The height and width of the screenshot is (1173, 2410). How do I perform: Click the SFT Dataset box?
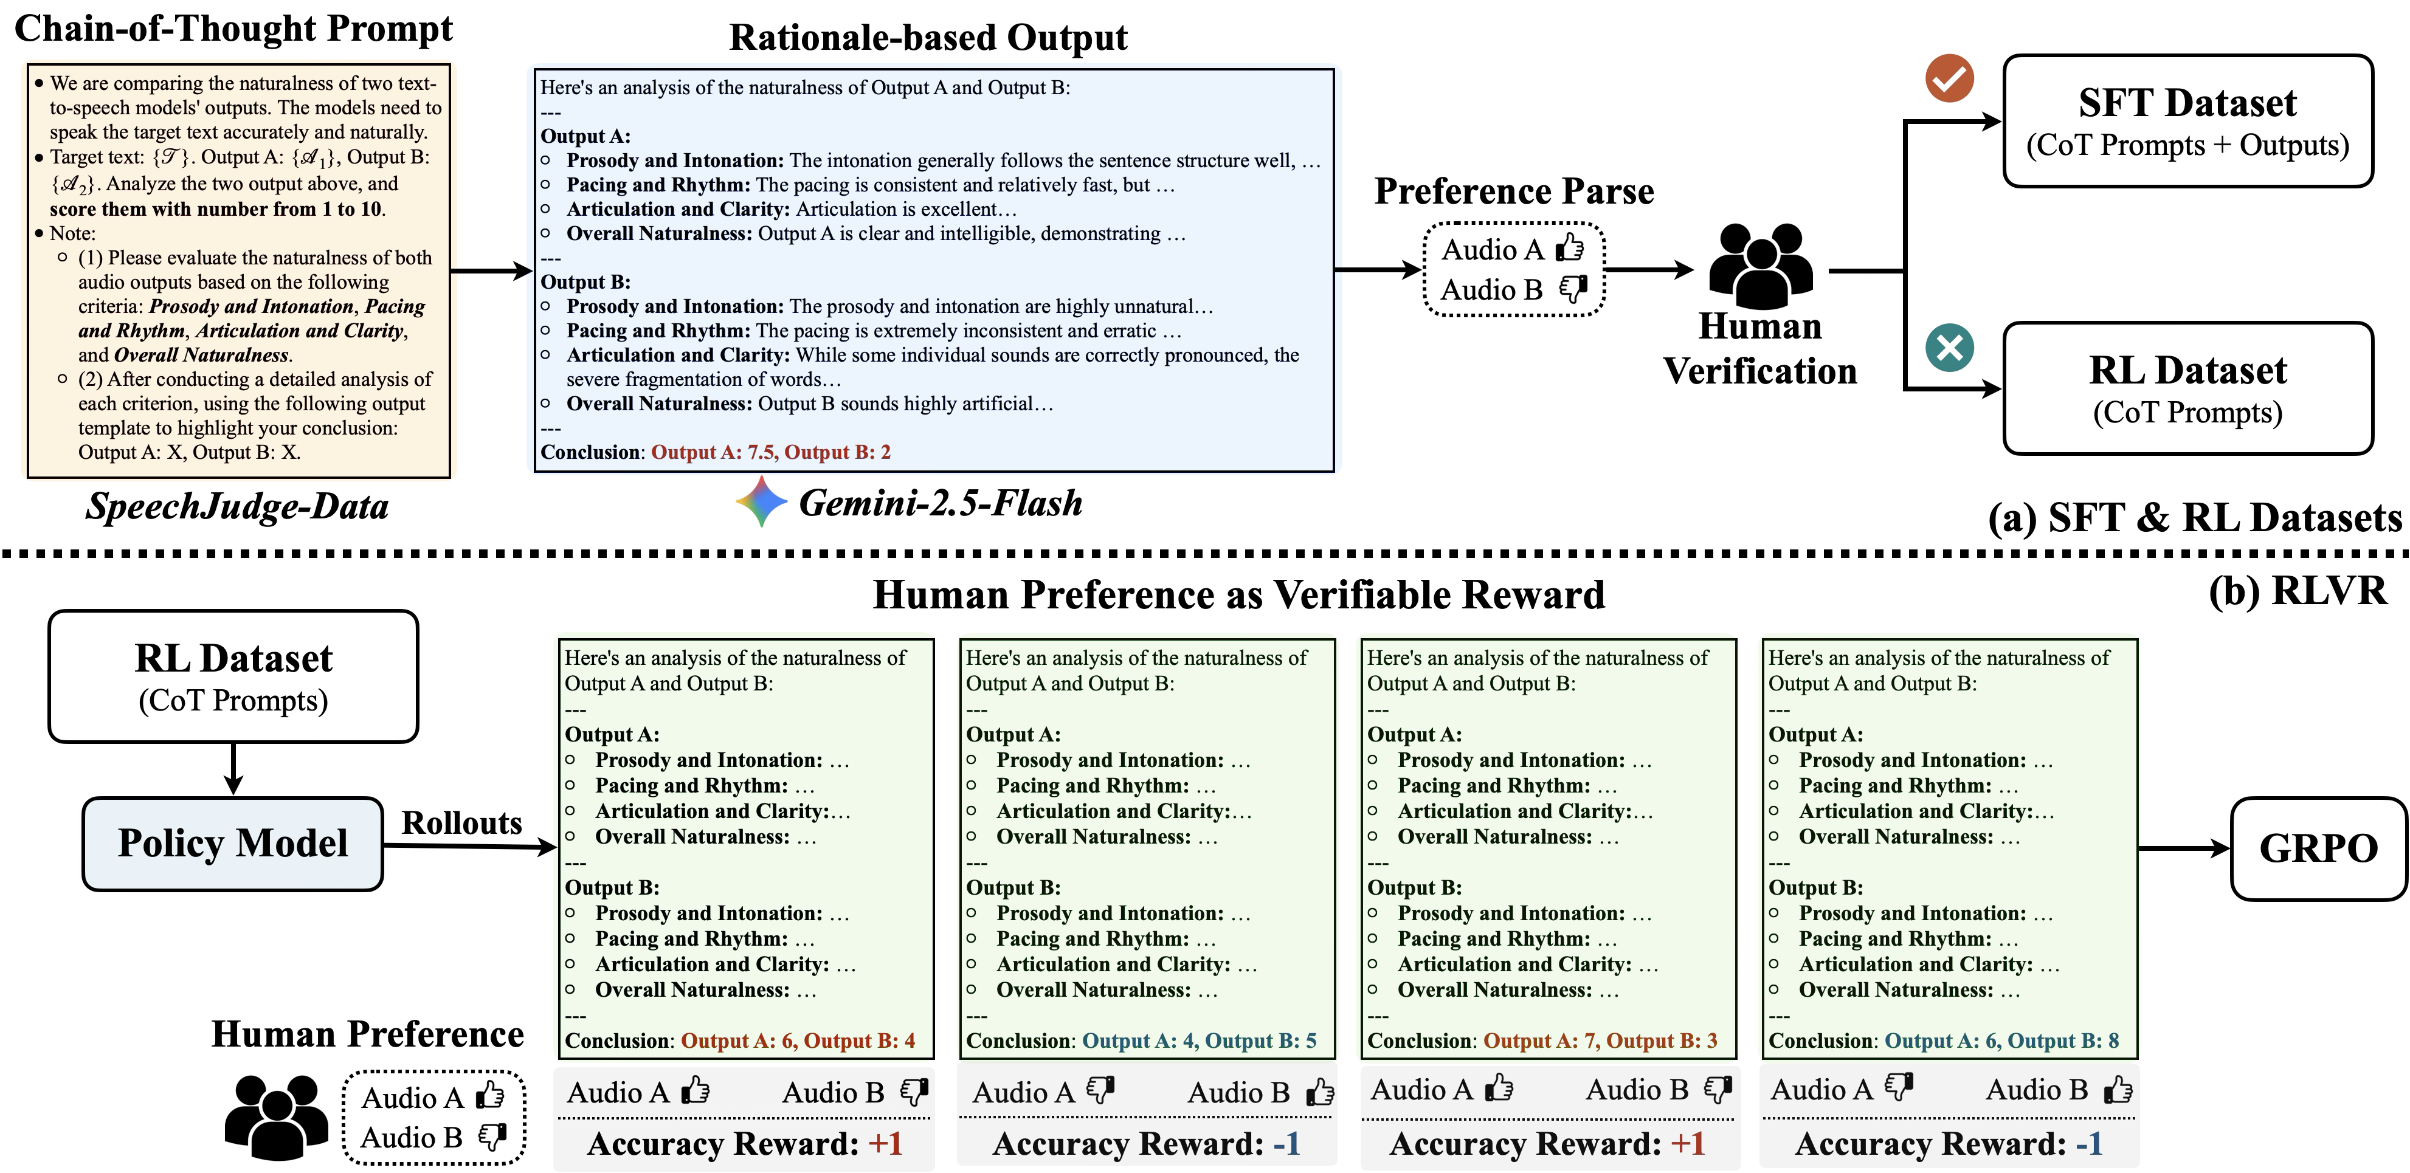click(x=2187, y=122)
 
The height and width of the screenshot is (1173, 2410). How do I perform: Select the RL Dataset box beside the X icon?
click(x=2187, y=388)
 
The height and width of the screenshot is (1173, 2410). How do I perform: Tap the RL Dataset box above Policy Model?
click(x=233, y=676)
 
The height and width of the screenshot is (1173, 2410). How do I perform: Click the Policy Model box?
click(x=233, y=844)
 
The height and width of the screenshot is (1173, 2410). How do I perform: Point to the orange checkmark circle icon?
click(x=1950, y=78)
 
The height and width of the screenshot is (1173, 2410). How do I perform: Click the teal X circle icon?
click(x=1950, y=348)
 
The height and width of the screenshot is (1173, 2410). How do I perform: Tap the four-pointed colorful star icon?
click(x=762, y=501)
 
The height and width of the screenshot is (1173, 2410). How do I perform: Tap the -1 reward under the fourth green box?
click(x=2088, y=1144)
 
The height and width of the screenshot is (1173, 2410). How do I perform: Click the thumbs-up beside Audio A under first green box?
click(x=695, y=1091)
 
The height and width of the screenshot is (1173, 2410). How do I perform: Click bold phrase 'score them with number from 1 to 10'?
click(x=217, y=208)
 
